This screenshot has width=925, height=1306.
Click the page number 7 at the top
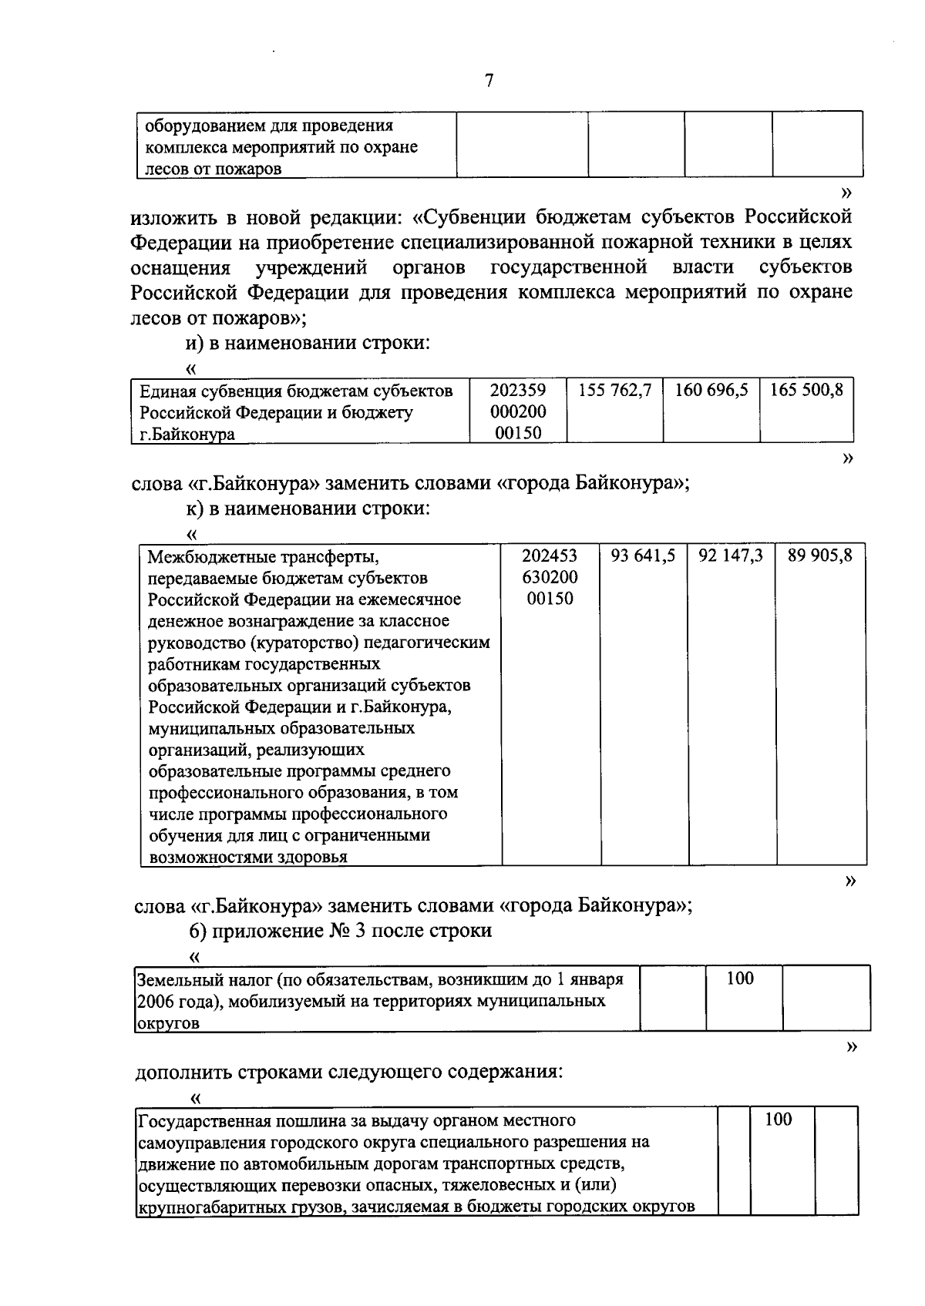489,81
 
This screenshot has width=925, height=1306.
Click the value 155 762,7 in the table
615,390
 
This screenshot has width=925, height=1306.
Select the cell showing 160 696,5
711,390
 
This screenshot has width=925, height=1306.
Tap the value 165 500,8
807,390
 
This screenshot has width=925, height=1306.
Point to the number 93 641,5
644,556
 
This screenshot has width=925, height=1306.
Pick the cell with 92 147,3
731,556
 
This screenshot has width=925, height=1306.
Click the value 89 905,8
820,556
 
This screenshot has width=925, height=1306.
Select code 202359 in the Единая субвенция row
518,391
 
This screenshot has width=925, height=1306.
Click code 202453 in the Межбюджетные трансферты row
550,556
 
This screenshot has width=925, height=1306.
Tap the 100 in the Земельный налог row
740,979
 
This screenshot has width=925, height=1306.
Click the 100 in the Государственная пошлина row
778,1120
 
